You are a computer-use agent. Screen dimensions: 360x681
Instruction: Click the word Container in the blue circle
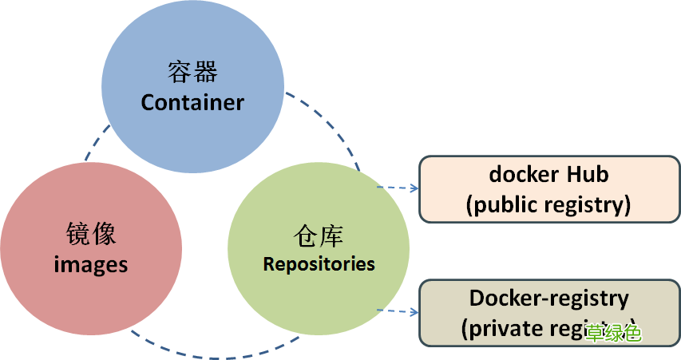pos(192,102)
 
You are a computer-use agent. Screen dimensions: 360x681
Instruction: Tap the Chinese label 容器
pos(192,73)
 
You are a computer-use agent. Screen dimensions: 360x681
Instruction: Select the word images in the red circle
pos(91,264)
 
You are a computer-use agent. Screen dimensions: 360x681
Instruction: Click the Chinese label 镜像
pos(91,235)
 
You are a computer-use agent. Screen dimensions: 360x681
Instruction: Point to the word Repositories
pos(319,263)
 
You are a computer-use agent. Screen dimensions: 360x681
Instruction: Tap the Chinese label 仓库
pos(319,236)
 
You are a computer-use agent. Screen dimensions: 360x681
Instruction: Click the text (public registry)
pos(548,204)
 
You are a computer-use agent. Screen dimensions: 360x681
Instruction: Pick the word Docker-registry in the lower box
pos(548,299)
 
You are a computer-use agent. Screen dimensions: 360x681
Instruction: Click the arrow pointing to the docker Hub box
pos(399,188)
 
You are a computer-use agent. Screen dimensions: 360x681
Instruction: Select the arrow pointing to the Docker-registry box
pos(399,311)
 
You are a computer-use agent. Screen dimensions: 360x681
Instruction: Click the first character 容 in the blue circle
pos(180,73)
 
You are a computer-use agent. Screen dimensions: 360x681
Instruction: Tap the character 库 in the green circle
pos(331,236)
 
